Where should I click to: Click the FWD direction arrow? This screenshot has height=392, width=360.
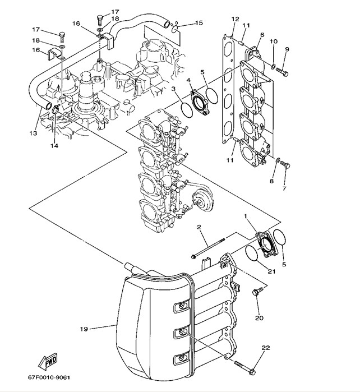(48, 362)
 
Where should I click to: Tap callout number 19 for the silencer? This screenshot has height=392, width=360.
(84, 329)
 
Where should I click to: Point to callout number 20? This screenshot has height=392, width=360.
(259, 318)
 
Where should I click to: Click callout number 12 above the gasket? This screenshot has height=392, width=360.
(236, 19)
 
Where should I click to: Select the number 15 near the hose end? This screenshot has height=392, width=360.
(199, 23)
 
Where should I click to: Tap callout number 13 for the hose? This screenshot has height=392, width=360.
(33, 133)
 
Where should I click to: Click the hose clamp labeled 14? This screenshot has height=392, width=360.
(56, 109)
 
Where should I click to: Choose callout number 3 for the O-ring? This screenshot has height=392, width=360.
(173, 89)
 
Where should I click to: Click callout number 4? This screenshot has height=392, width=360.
(188, 80)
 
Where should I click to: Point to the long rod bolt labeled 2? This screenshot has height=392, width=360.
(208, 248)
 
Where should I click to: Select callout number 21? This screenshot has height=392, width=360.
(272, 271)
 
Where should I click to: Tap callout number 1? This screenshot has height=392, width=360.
(246, 216)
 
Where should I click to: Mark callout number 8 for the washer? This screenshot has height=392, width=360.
(272, 181)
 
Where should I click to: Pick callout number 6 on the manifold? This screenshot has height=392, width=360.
(262, 35)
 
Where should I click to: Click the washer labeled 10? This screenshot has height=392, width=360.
(273, 66)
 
